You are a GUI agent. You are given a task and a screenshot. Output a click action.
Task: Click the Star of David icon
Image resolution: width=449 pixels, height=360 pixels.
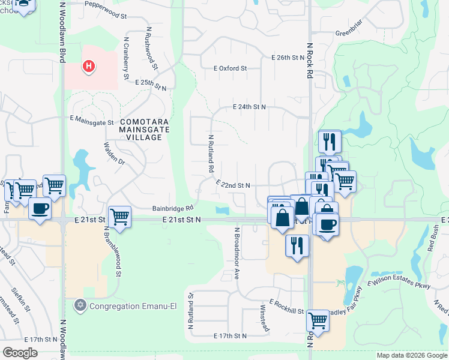click(x=80, y=306)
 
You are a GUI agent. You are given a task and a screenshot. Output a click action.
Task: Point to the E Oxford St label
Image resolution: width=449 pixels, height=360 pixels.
click(x=230, y=68)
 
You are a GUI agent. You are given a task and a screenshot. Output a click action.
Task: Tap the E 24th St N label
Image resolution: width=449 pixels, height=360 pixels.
click(x=249, y=107)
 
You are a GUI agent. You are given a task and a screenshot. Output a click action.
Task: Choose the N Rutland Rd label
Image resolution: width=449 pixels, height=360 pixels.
click(x=211, y=154)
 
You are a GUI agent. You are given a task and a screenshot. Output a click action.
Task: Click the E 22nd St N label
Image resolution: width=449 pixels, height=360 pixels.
click(x=232, y=186)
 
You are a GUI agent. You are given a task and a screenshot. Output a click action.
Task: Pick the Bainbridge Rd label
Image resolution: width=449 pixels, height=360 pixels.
click(x=172, y=208)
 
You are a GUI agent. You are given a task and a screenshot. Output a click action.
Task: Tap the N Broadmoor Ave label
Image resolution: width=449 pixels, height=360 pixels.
click(x=237, y=254)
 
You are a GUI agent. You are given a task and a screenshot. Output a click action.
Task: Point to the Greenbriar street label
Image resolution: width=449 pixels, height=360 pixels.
click(x=350, y=32)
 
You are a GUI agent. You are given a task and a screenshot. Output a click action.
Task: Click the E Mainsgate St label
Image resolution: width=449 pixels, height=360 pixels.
click(x=92, y=120)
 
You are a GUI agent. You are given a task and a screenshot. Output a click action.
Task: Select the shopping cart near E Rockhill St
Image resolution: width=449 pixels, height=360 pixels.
click(x=318, y=322)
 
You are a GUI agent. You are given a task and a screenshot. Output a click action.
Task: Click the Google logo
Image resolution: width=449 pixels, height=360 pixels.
click(x=20, y=353)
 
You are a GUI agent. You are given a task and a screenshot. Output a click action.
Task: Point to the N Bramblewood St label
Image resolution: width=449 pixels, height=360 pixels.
click(x=119, y=256)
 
